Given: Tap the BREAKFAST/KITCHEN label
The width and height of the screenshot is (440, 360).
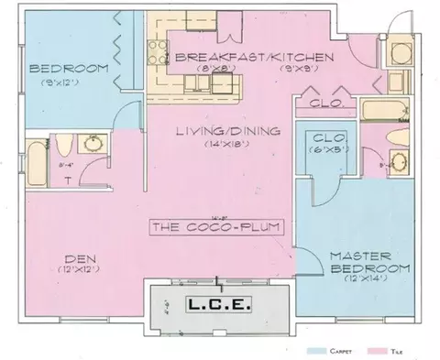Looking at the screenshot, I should (x=253, y=57).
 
